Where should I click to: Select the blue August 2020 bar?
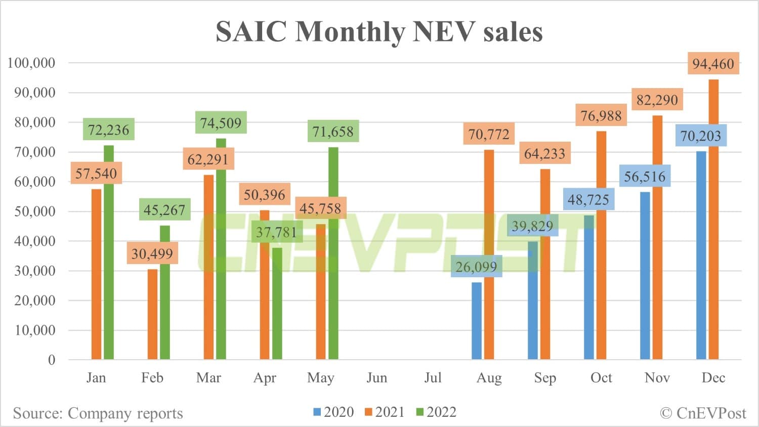(477, 321)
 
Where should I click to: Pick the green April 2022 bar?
(277, 304)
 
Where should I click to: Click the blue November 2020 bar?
(645, 276)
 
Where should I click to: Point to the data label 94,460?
(713, 64)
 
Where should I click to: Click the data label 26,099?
(476, 266)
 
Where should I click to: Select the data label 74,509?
(221, 122)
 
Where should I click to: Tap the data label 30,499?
(152, 253)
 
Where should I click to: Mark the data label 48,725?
(588, 199)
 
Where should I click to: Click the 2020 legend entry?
(333, 412)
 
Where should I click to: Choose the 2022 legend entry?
(436, 412)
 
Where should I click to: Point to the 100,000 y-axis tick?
(31, 63)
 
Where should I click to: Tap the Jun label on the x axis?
(376, 378)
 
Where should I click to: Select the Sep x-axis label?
(545, 378)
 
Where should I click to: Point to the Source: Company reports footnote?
(98, 413)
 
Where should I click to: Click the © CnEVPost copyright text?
(703, 413)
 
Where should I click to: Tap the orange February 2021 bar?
(152, 314)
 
